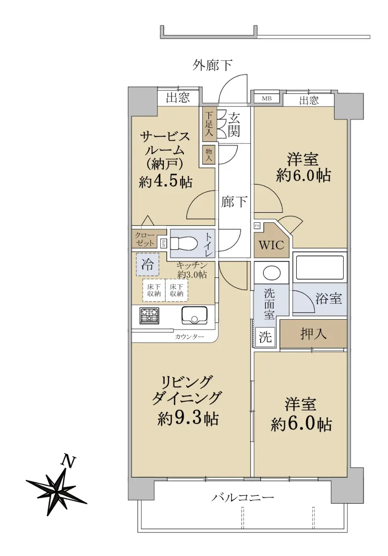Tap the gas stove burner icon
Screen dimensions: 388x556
click(x=149, y=316)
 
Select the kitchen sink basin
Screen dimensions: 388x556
click(x=194, y=315)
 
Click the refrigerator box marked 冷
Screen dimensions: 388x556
click(x=147, y=264)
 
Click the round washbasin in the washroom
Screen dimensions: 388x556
click(x=272, y=273)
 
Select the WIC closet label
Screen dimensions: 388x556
click(x=271, y=245)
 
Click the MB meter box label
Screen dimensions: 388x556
click(x=267, y=99)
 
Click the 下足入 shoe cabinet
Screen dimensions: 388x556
click(x=209, y=123)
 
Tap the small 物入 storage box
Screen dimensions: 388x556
click(x=209, y=154)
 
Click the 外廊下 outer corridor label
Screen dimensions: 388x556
click(x=213, y=66)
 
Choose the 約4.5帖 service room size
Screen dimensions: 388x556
click(x=165, y=182)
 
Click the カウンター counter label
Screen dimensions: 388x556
click(x=189, y=337)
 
